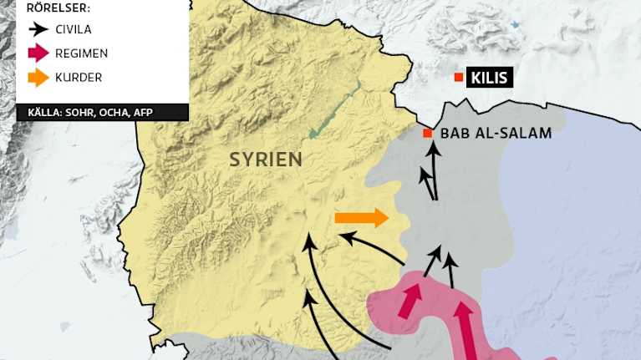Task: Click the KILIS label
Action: [x=488, y=79]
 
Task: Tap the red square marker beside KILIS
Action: [x=458, y=78]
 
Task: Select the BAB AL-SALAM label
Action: [x=496, y=133]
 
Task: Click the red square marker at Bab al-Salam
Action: [x=427, y=134]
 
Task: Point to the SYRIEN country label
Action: [x=265, y=159]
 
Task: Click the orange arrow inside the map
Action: [x=362, y=219]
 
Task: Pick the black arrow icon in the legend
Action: [x=38, y=29]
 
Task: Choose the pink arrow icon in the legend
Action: [x=38, y=53]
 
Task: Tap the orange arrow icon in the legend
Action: [x=38, y=78]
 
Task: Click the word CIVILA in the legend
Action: [x=74, y=29]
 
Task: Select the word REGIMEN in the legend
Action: [x=81, y=53]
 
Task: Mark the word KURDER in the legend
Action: [x=79, y=78]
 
